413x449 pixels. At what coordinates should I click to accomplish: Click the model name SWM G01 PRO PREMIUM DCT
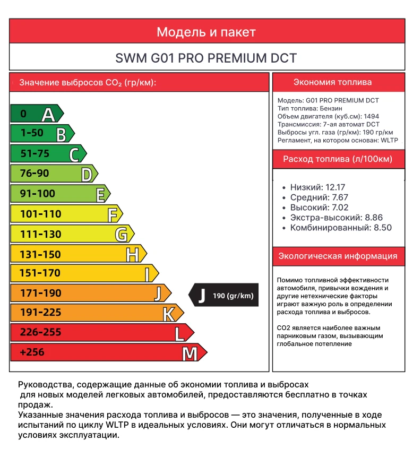(x=206, y=58)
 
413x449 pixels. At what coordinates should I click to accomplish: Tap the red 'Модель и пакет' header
(x=206, y=32)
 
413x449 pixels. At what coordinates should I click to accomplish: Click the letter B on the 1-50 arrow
(x=62, y=134)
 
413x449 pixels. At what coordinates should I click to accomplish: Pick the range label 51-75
(x=35, y=153)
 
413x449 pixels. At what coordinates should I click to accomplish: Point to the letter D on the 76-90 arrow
(x=87, y=174)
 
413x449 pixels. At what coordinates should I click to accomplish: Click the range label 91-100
(x=37, y=194)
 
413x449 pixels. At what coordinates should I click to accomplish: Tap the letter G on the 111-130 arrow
(x=122, y=235)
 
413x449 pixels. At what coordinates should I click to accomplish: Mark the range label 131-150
(x=40, y=254)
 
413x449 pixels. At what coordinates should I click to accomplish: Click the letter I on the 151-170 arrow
(x=148, y=274)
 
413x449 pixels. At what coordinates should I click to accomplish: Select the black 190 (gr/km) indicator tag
(x=223, y=296)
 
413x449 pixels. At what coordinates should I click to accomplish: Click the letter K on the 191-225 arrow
(x=169, y=314)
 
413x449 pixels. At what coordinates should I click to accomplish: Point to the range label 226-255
(x=40, y=333)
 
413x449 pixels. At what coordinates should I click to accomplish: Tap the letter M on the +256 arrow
(x=190, y=353)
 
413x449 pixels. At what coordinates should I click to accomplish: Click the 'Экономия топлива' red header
(x=332, y=82)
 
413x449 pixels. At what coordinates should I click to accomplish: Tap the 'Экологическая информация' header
(x=338, y=256)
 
